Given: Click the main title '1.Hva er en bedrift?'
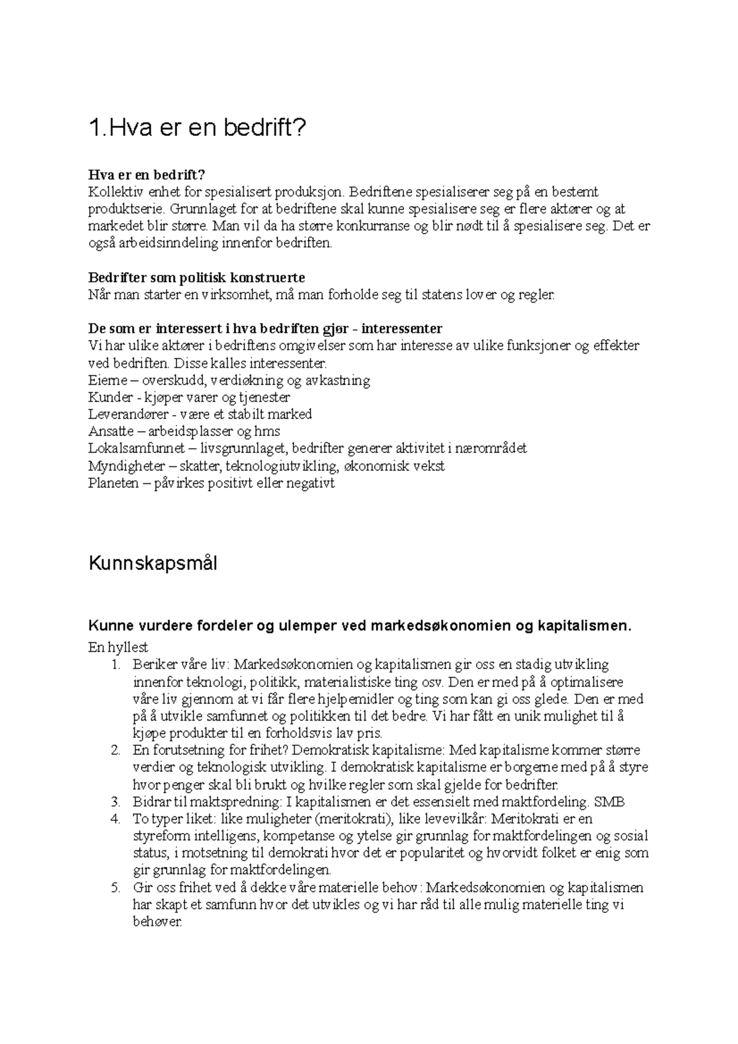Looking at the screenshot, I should click(197, 129).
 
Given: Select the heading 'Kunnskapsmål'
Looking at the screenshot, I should click(153, 563).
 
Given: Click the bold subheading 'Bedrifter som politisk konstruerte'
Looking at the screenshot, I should click(197, 277).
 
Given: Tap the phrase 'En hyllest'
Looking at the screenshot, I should click(119, 647).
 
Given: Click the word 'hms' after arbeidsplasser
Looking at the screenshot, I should click(269, 432).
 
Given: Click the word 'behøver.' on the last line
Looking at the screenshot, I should click(157, 922).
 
